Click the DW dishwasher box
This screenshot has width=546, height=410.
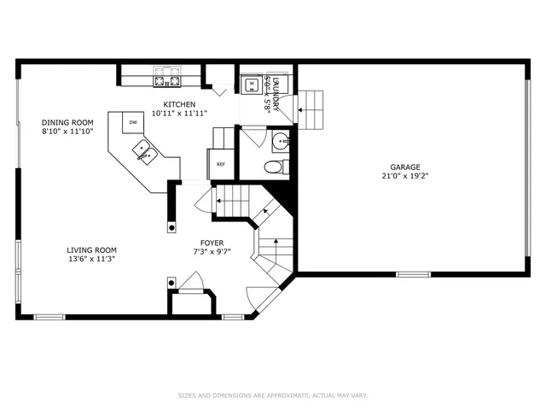[x=133, y=123]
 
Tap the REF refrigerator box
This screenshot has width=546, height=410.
[x=221, y=164]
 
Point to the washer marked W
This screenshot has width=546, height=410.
[x=252, y=84]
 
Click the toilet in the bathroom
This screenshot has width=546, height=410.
[x=274, y=166]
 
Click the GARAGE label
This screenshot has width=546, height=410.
[x=406, y=168]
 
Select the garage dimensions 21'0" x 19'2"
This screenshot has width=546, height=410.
[x=406, y=178]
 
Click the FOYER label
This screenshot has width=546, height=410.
[x=212, y=243]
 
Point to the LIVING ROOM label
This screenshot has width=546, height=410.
[x=91, y=250]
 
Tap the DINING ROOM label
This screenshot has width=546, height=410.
[x=67, y=121]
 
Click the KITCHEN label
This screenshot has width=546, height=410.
[x=179, y=104]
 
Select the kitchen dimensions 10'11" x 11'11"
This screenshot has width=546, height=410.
[x=179, y=114]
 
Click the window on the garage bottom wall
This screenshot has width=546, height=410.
[x=413, y=274]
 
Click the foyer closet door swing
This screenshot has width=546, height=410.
[x=191, y=281]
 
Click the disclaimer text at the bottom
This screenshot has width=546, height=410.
[x=272, y=395]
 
